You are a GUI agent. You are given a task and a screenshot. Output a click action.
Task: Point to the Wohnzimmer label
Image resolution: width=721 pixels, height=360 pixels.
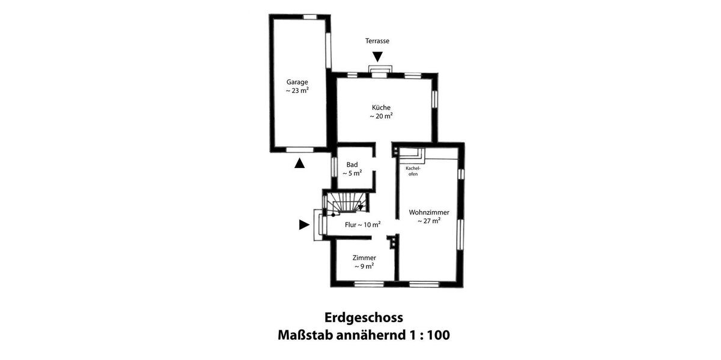[429, 212]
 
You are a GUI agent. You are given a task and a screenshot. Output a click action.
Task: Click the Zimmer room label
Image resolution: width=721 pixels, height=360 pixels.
[364, 257]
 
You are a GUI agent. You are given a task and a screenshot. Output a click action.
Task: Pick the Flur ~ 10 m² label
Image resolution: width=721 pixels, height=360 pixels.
[362, 225]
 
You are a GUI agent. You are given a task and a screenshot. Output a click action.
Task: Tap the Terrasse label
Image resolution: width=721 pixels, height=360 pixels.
[377, 41]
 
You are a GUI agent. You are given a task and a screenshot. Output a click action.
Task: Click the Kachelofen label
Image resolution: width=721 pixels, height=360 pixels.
[413, 171]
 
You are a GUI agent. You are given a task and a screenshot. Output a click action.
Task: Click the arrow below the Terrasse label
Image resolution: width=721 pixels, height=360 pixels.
[377, 56]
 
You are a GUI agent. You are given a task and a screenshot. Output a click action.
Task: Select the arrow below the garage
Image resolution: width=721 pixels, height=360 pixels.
[299, 163]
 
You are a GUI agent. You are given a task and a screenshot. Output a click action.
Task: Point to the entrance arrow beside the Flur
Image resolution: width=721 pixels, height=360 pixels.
[304, 225]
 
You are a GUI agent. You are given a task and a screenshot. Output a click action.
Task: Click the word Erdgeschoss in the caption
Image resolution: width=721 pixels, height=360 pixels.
[364, 317]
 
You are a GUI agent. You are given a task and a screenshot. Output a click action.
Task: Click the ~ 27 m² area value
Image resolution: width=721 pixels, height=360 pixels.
[429, 221]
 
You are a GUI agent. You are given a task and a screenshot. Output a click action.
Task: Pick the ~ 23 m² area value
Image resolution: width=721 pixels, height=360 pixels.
[297, 91]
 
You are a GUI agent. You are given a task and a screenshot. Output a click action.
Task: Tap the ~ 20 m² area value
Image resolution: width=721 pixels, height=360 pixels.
[381, 116]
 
